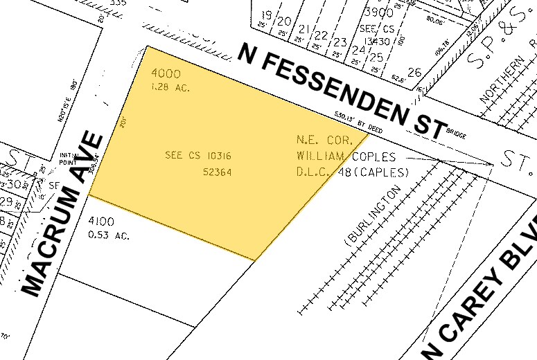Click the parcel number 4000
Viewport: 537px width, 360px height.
[x=166, y=74]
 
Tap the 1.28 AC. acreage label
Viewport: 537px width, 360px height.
[x=170, y=88]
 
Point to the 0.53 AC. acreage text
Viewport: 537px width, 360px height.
[x=110, y=235]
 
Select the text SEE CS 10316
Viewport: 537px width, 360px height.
[x=198, y=155]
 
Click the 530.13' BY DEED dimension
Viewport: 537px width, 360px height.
[x=360, y=118]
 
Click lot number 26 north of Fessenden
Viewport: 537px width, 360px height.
[x=414, y=72]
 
